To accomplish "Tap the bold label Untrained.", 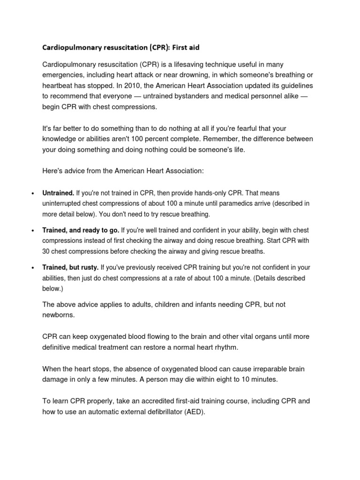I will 58,193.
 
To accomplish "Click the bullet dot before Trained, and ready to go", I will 33,231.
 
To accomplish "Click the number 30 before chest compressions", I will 46,251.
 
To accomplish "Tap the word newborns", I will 58,315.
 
